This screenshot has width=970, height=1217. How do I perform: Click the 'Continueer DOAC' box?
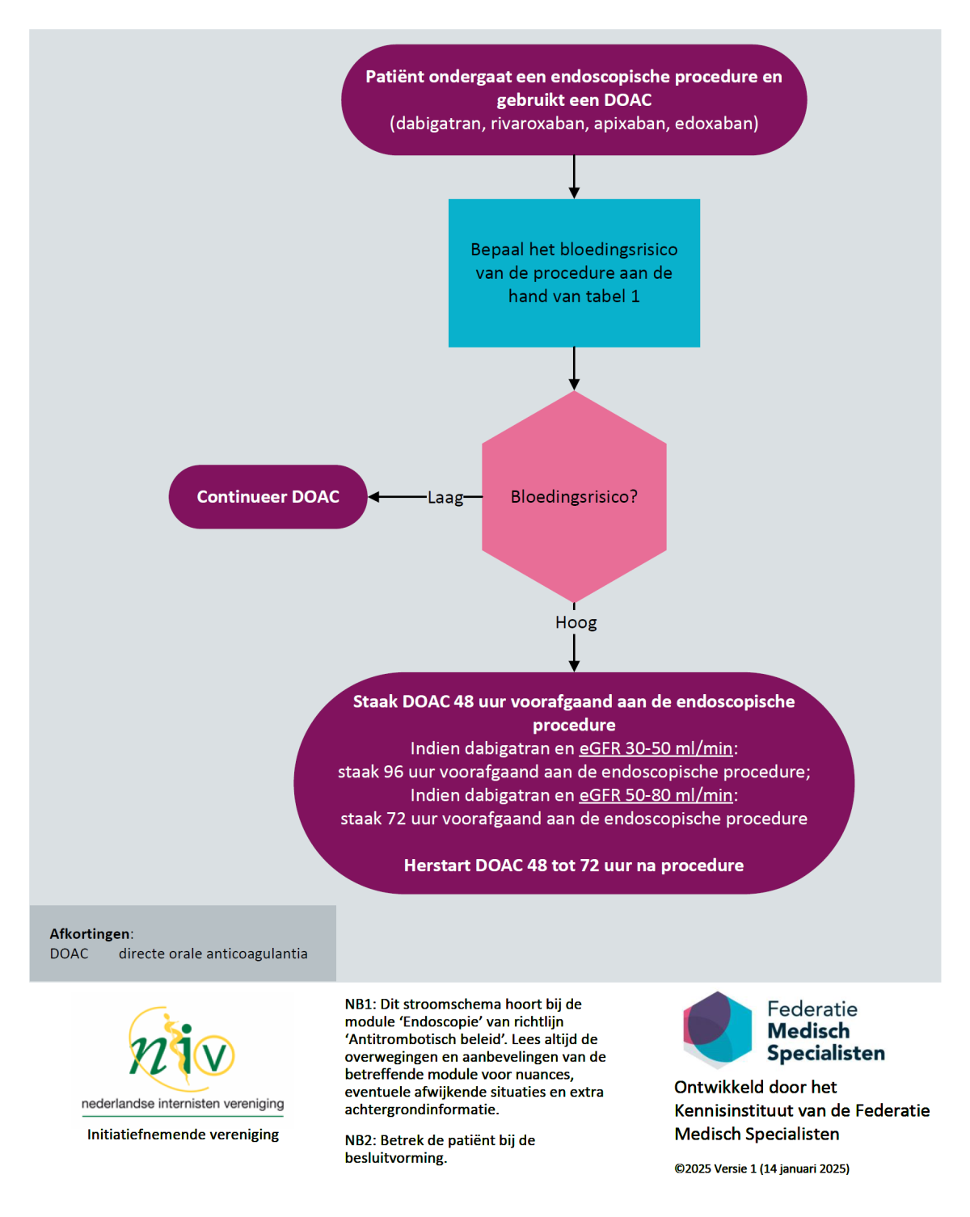[x=268, y=496]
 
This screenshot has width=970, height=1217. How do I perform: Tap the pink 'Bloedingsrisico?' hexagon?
[x=574, y=496]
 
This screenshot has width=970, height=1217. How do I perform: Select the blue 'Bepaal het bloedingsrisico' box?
[x=574, y=272]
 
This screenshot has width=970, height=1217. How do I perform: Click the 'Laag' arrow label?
[x=445, y=498]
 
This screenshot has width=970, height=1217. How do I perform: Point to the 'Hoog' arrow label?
[x=576, y=622]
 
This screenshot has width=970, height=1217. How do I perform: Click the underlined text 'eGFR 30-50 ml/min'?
[x=656, y=748]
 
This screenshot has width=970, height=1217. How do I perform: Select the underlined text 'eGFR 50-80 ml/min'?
[x=656, y=795]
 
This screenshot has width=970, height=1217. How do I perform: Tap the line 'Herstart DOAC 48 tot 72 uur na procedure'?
[x=574, y=865]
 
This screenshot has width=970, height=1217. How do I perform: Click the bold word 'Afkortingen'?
[x=90, y=933]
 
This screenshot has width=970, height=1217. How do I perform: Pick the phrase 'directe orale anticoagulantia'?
[x=213, y=954]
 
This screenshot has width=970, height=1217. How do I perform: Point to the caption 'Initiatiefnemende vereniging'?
[x=183, y=1135]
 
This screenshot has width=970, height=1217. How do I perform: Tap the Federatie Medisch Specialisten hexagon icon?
[x=717, y=1030]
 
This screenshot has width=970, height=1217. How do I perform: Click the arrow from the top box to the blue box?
[x=574, y=177]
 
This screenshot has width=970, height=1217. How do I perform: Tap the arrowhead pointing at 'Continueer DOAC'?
[x=374, y=496]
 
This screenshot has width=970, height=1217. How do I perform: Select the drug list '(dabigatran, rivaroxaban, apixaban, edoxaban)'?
[x=574, y=124]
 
